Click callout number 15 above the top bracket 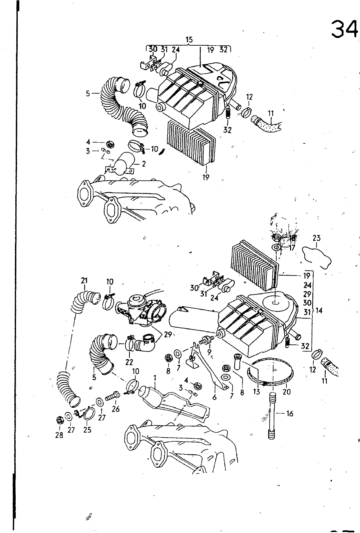click(x=189, y=40)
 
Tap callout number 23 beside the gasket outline click(x=316, y=238)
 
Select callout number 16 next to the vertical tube click(x=289, y=414)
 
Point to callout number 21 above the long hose click(x=84, y=281)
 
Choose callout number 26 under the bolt click(x=116, y=409)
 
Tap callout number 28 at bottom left click(x=59, y=435)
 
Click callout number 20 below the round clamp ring click(x=286, y=392)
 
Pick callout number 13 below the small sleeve click(x=256, y=392)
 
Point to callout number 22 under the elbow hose click(x=129, y=362)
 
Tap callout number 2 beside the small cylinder click(x=144, y=164)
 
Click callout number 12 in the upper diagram click(x=249, y=97)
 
